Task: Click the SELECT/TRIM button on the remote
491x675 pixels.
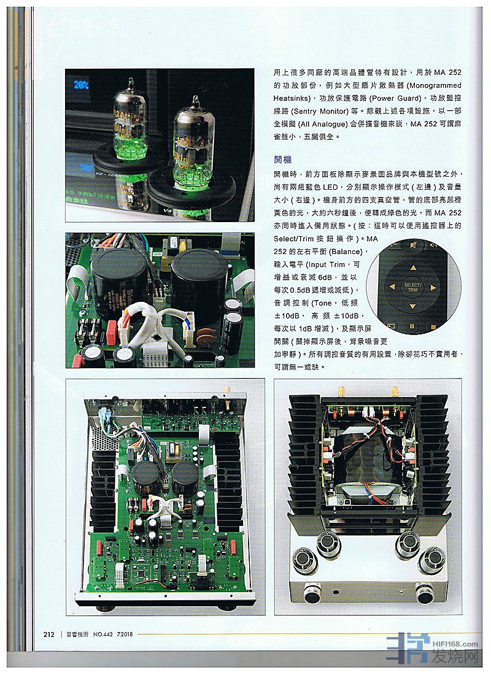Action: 412,287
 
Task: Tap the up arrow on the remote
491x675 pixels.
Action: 412,268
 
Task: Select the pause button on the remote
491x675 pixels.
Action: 412,326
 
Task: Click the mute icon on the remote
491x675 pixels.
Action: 413,246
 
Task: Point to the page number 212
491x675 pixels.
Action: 48,634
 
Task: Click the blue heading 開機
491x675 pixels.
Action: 282,160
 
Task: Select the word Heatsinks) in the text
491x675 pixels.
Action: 292,98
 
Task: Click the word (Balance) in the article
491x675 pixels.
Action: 347,252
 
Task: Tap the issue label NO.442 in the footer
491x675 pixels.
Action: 103,634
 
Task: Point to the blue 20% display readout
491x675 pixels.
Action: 81,85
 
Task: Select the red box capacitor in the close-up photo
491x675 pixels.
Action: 112,326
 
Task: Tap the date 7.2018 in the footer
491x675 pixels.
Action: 125,634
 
